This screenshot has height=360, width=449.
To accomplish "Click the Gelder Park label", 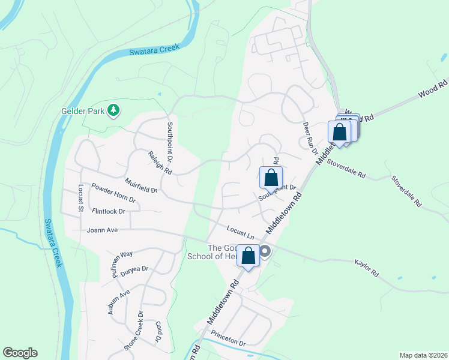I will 83,111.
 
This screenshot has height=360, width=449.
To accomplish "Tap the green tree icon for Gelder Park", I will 113,110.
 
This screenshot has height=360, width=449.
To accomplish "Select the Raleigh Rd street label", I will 160,163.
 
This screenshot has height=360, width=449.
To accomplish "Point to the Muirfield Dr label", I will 140,185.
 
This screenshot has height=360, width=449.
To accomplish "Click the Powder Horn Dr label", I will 113,193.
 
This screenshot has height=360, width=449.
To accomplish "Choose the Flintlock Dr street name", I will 109,211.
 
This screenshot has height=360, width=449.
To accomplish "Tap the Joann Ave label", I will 102,229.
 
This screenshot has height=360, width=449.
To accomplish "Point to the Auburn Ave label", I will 119,302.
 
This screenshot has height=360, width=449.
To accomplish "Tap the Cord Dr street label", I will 158,331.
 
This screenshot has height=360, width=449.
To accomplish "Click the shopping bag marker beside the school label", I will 249,256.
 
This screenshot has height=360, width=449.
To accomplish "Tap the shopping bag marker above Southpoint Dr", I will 271,178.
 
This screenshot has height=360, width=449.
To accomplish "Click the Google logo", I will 20,353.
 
